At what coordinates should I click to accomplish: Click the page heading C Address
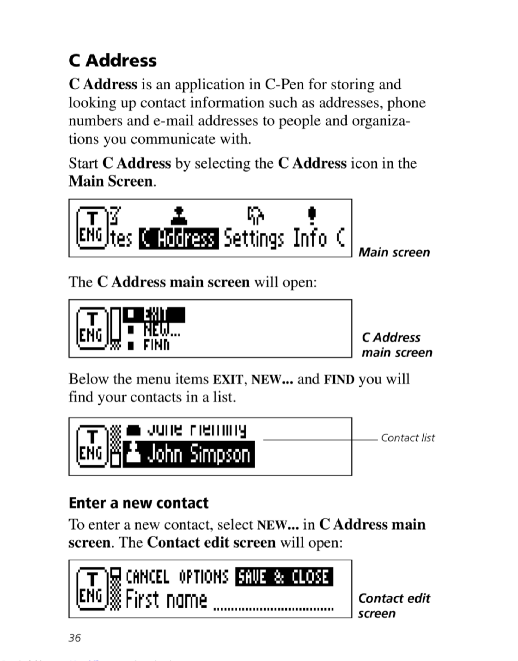(x=113, y=60)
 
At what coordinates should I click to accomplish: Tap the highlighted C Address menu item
(x=179, y=238)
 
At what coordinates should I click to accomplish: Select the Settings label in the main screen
(x=254, y=238)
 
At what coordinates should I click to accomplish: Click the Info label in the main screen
(x=310, y=238)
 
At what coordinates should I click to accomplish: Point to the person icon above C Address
(x=179, y=216)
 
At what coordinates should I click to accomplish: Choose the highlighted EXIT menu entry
(x=155, y=315)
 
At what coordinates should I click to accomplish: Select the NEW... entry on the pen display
(x=162, y=330)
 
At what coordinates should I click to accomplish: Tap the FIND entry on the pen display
(x=156, y=345)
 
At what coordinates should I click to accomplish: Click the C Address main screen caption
(x=397, y=345)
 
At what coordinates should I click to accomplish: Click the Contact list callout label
(x=408, y=438)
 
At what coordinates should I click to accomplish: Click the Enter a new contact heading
(x=138, y=503)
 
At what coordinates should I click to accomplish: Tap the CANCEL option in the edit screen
(x=147, y=577)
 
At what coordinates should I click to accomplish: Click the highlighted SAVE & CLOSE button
(x=284, y=577)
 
